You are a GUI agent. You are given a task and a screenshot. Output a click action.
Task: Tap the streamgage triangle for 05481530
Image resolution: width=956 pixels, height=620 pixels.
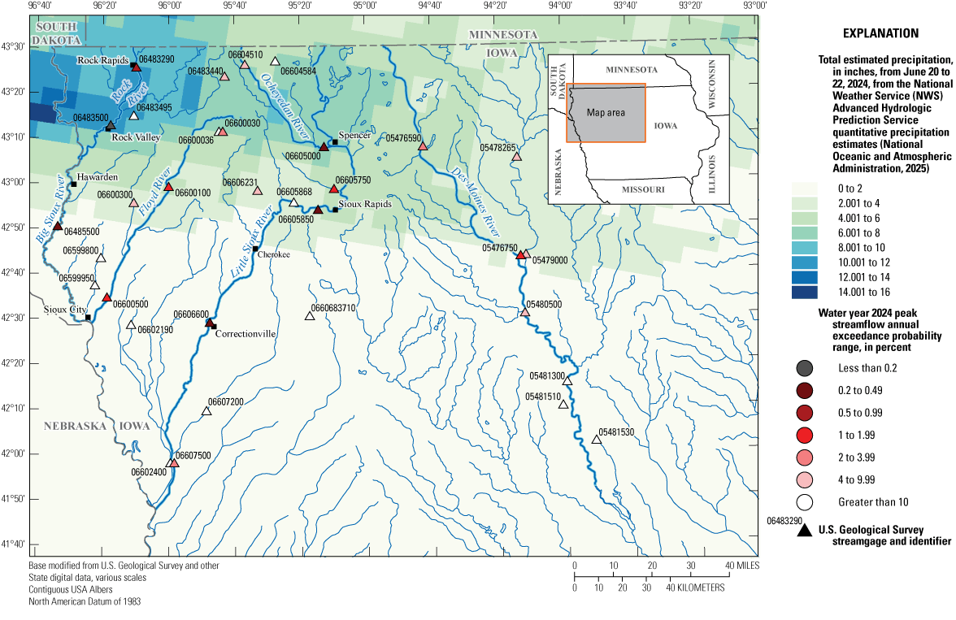point(596,440)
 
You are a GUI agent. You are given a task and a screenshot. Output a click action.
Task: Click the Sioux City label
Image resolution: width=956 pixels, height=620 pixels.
point(64,310)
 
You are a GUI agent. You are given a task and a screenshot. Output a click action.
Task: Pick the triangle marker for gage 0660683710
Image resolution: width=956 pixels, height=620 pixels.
point(310,315)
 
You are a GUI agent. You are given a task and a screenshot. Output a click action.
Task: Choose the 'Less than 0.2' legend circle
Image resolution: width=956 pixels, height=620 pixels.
point(806,368)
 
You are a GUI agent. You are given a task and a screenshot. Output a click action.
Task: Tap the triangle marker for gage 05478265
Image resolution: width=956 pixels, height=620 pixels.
point(516,157)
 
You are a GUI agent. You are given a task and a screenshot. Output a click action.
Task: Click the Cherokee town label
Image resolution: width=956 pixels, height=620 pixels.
point(274,254)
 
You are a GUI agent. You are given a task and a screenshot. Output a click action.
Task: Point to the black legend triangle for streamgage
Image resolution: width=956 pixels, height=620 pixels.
point(806,531)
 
